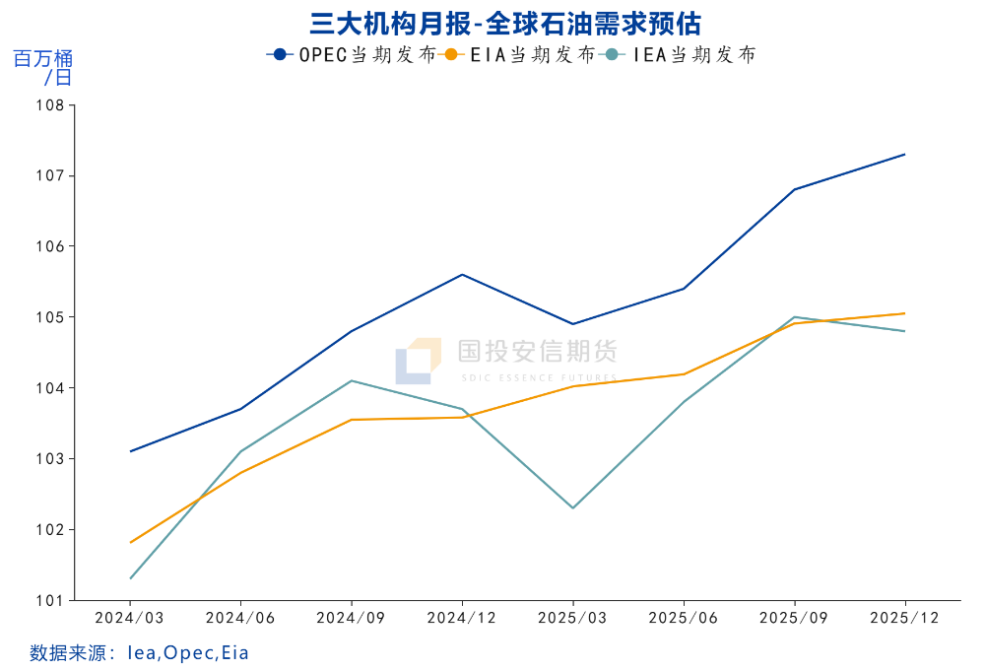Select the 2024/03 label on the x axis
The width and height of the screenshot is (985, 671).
tap(130, 617)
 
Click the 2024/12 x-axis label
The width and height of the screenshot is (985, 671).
tap(462, 617)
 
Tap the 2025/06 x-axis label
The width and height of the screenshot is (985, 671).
tap(684, 617)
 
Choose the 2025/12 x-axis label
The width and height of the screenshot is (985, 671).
tap(905, 617)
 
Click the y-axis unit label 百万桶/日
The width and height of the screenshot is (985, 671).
tap(42, 68)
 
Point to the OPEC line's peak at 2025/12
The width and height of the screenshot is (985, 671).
tap(905, 154)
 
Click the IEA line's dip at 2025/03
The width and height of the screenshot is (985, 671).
tap(573, 507)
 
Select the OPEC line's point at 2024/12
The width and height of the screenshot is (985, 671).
tap(462, 274)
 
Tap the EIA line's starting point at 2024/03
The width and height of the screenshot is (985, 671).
tap(130, 542)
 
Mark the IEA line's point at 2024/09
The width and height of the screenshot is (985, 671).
tap(352, 380)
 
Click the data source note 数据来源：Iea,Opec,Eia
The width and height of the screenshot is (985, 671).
tap(139, 652)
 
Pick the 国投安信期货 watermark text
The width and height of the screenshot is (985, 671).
tap(537, 352)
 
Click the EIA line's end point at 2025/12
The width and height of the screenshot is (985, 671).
tap(905, 313)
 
